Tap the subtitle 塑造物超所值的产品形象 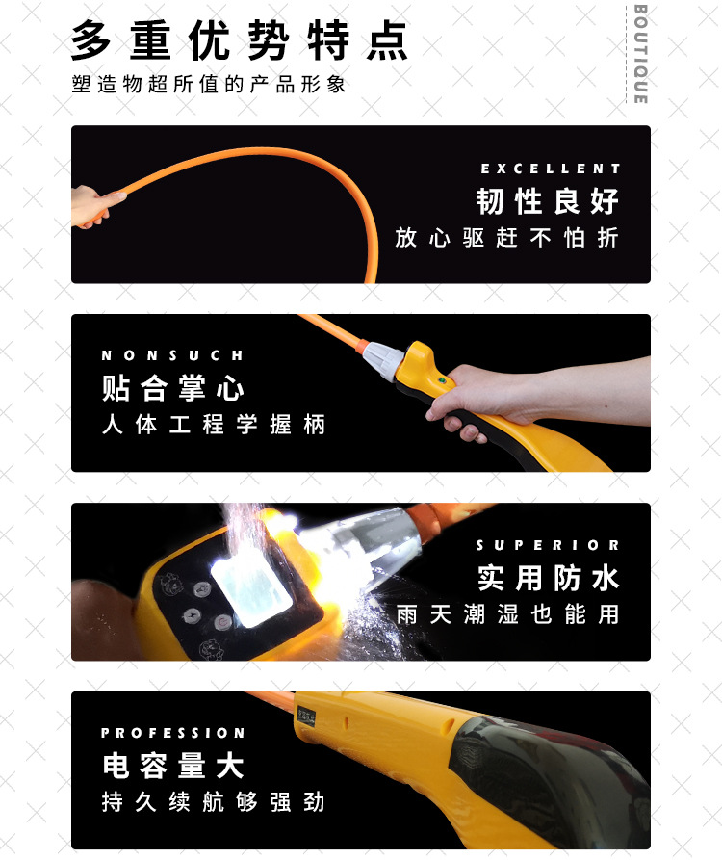pyautogui.click(x=208, y=85)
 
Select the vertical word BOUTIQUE pyautogui.click(x=640, y=54)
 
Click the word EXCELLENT pyautogui.click(x=551, y=169)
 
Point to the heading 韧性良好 pyautogui.click(x=548, y=202)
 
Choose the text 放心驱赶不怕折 pyautogui.click(x=506, y=238)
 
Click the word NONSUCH pyautogui.click(x=173, y=355)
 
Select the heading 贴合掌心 pyautogui.click(x=173, y=389)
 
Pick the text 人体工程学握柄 pyautogui.click(x=214, y=425)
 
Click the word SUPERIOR pyautogui.click(x=548, y=545)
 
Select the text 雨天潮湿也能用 pyautogui.click(x=507, y=614)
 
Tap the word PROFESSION pyautogui.click(x=173, y=733)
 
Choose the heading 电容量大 pyautogui.click(x=173, y=767)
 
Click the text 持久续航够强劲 pyautogui.click(x=214, y=802)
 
